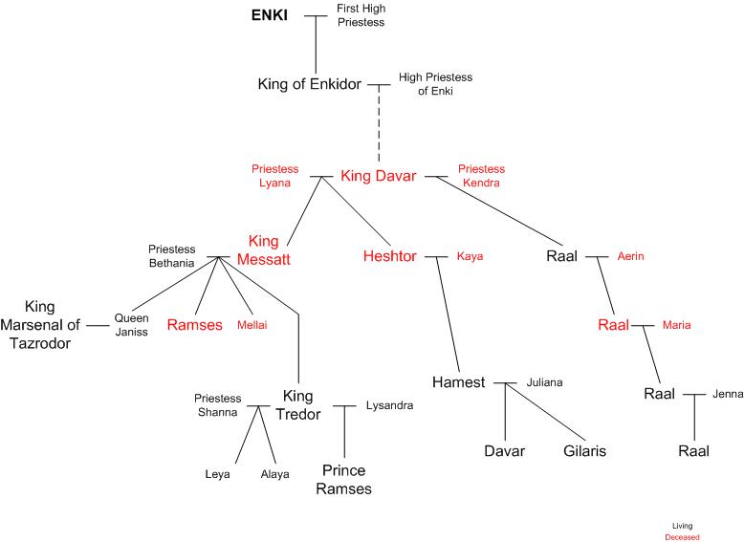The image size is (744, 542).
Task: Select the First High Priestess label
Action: pos(361,15)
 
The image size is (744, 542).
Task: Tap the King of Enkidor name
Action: pos(310,84)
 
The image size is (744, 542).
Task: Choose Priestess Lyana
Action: pos(274,176)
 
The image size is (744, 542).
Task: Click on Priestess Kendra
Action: pos(481,176)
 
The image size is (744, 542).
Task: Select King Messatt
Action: pos(269,249)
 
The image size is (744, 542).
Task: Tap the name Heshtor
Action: pos(391,256)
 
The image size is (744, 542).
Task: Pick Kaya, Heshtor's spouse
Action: pos(470,256)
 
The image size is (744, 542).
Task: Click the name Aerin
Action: pos(631,256)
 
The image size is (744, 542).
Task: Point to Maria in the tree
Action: pos(675,325)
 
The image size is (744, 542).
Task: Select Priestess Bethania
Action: pos(171,255)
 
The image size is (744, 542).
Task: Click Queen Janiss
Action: pos(132,325)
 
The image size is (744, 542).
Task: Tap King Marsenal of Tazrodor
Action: pos(40,325)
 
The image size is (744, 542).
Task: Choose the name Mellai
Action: pos(252,325)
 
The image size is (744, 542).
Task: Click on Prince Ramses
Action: pos(345,480)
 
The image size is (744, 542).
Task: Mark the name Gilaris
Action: pos(583,451)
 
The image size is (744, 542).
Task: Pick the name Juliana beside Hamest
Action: pos(544,382)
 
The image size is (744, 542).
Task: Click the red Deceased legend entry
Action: pos(682,537)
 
